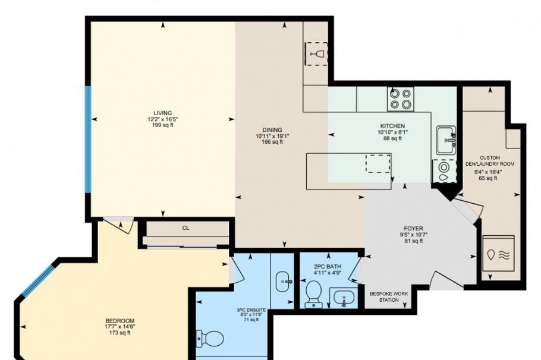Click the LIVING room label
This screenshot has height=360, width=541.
[x=162, y=113]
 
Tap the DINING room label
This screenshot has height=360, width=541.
[x=272, y=130]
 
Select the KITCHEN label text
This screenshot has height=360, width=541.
[x=392, y=127]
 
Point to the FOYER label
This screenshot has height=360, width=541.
[x=413, y=228]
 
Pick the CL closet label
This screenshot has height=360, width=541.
[x=185, y=228]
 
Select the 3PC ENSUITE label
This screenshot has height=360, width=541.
[x=251, y=310]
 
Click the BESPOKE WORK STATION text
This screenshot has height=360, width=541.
[x=389, y=296]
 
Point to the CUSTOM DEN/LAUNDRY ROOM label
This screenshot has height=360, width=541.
[x=494, y=160]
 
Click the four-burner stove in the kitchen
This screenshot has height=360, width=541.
[x=400, y=99]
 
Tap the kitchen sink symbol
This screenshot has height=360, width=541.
[x=445, y=140]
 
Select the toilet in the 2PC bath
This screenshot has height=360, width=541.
[x=313, y=293]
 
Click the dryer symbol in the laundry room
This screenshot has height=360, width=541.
[x=498, y=254]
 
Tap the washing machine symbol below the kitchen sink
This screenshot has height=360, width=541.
[x=443, y=171]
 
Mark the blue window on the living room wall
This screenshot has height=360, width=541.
[x=88, y=140]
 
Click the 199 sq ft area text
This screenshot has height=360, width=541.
[x=162, y=125]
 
